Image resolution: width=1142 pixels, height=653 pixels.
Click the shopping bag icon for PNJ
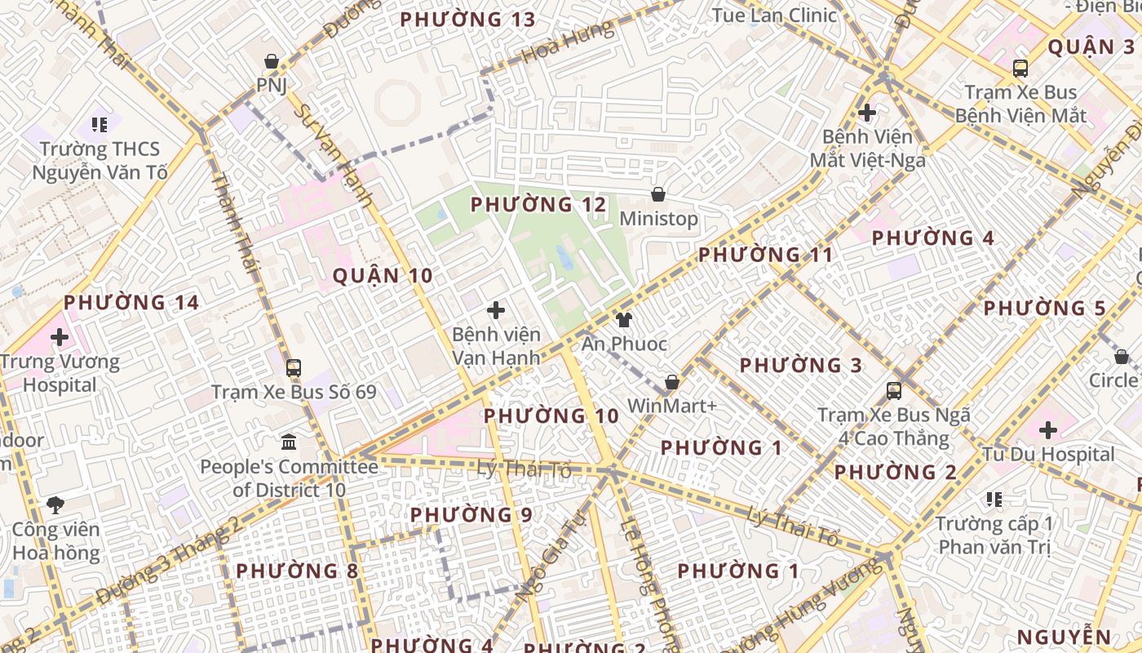click(x=272, y=61)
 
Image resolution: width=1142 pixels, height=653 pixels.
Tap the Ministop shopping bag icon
click(x=657, y=194)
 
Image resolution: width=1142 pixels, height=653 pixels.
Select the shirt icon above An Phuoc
click(x=624, y=319)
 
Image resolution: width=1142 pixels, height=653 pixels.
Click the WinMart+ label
click(x=671, y=405)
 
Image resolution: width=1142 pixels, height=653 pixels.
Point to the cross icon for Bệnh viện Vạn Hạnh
click(x=496, y=310)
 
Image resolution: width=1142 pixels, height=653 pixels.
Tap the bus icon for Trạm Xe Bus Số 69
click(x=294, y=368)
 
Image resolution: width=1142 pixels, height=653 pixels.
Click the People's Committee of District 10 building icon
click(x=289, y=442)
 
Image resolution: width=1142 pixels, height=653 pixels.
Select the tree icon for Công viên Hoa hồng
click(x=55, y=504)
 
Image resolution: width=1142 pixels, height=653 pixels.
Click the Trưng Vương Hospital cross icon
click(x=60, y=336)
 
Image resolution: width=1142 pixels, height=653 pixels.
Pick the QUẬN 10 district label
click(x=383, y=276)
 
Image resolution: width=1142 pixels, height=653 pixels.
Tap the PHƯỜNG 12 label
click(x=538, y=204)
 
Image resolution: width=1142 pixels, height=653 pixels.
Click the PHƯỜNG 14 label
click(x=131, y=303)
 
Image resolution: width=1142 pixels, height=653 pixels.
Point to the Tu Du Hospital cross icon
click(x=1048, y=429)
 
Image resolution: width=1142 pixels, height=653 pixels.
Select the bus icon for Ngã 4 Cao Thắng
click(x=894, y=390)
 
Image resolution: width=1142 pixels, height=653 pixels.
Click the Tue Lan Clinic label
click(x=774, y=15)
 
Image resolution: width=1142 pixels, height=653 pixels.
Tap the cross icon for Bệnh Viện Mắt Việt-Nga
click(x=867, y=112)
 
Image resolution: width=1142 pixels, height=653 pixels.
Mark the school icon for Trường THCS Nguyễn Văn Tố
click(x=100, y=125)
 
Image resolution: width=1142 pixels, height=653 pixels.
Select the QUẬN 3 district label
click(x=1091, y=47)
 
